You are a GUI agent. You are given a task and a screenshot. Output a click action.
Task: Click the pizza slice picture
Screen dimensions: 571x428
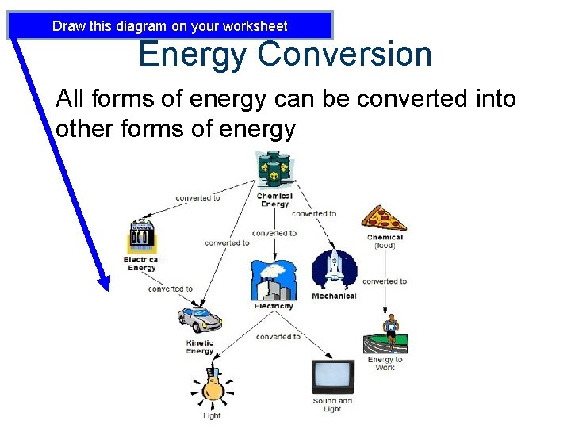pyautogui.click(x=384, y=218)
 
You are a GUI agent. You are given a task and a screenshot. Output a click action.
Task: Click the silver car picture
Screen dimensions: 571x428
pyautogui.click(x=199, y=319)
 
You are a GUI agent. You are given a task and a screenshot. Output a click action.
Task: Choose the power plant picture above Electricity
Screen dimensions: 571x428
pyautogui.click(x=273, y=280)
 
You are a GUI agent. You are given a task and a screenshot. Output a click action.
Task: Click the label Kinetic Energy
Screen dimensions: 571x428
pyautogui.click(x=200, y=347)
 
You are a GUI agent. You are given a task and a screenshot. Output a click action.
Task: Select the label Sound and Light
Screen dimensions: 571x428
pyautogui.click(x=332, y=405)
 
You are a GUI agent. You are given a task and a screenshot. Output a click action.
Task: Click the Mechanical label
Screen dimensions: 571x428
pyautogui.click(x=334, y=296)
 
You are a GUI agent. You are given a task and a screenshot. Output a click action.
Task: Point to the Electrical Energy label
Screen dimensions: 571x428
pyautogui.click(x=142, y=263)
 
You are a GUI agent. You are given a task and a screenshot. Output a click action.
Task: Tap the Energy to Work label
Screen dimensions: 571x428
pyautogui.click(x=385, y=364)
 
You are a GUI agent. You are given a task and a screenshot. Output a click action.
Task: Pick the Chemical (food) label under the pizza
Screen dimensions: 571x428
pyautogui.click(x=385, y=241)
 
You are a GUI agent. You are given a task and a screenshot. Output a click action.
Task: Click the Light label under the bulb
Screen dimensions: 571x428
pyautogui.click(x=212, y=416)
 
